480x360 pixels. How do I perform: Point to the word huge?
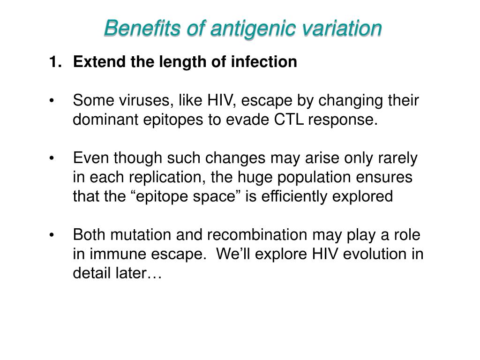pyautogui.click(x=266, y=178)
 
